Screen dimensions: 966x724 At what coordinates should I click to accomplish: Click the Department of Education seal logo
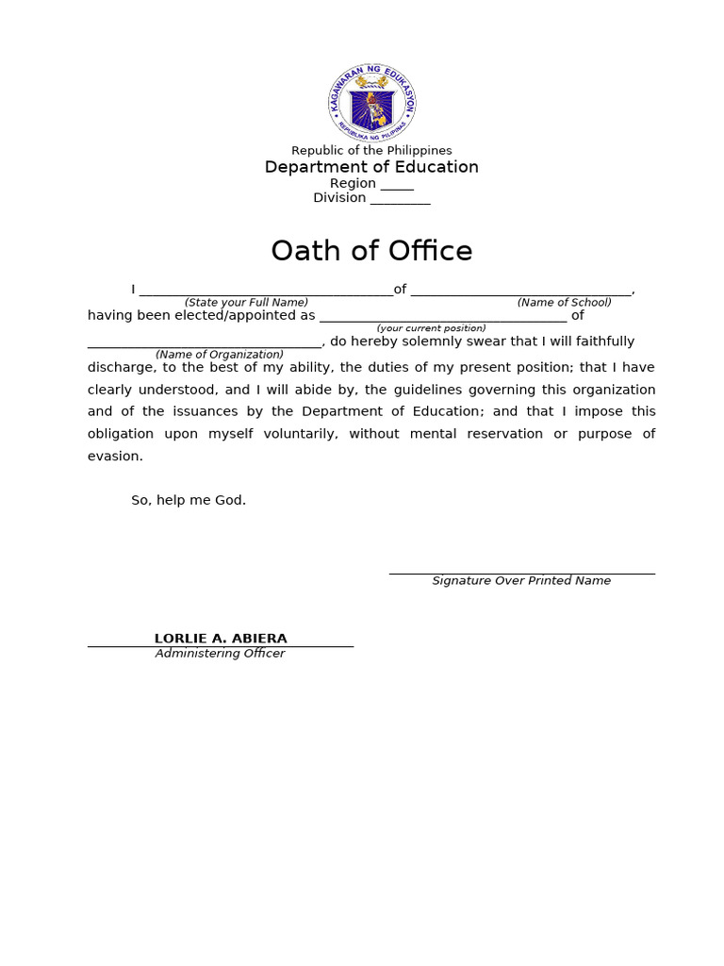[371, 104]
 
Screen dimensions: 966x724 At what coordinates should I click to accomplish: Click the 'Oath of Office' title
[371, 251]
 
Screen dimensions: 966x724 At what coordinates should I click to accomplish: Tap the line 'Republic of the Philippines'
[371, 151]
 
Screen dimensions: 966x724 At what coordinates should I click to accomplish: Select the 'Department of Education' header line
[371, 167]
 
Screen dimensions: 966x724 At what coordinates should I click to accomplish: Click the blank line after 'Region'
[397, 186]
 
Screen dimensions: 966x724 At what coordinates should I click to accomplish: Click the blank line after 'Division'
[400, 200]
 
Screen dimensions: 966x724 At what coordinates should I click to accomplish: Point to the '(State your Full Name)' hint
[246, 303]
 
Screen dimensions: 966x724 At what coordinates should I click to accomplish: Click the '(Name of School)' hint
[564, 303]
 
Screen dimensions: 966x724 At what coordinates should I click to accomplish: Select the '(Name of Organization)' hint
[220, 355]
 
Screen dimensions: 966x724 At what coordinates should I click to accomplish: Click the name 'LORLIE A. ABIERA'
[221, 639]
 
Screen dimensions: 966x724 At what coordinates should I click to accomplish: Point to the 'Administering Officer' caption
[220, 654]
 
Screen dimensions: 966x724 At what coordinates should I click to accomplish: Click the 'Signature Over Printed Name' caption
[521, 581]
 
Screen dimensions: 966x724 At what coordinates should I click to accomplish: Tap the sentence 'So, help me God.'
[189, 500]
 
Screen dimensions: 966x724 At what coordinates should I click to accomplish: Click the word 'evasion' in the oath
[113, 456]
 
